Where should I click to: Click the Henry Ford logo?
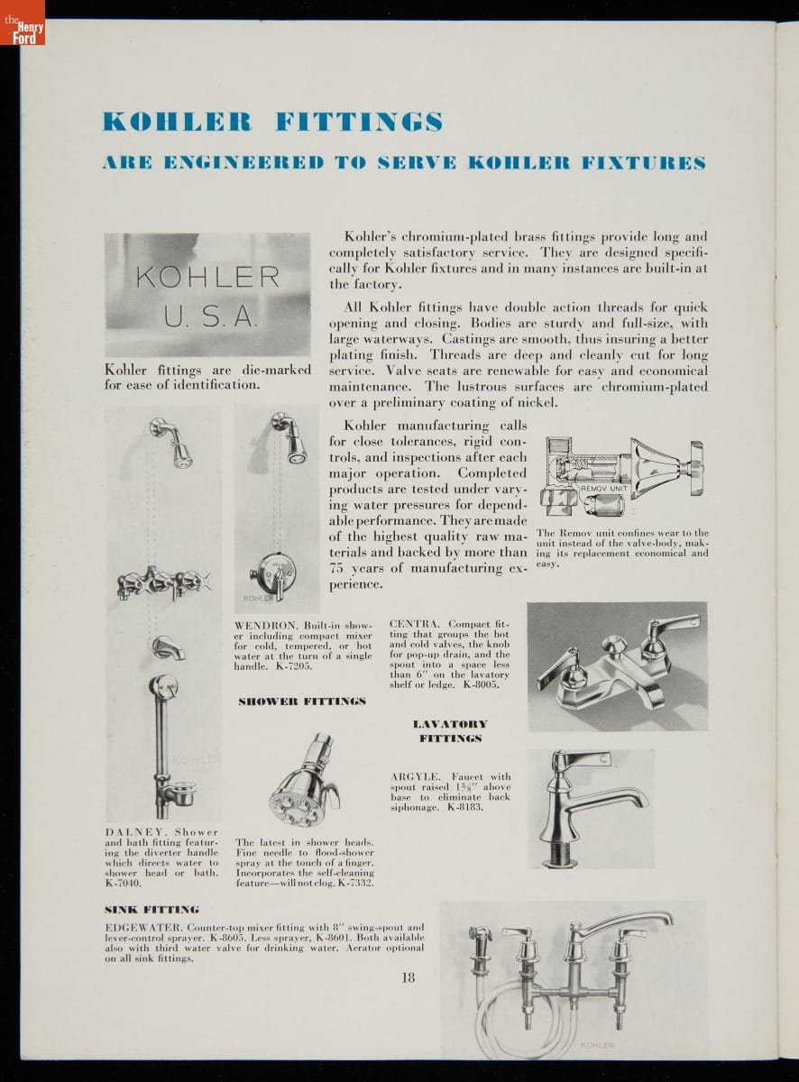click(x=23, y=23)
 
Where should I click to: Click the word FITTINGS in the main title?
click(x=359, y=122)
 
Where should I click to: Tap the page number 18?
click(x=409, y=977)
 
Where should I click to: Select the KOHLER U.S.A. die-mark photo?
click(x=207, y=295)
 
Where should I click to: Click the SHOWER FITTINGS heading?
click(x=302, y=701)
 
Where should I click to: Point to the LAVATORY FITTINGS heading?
click(x=450, y=731)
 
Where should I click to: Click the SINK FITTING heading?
click(x=152, y=909)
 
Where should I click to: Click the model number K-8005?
click(x=481, y=685)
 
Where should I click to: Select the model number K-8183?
click(x=464, y=807)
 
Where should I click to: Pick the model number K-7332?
click(x=354, y=883)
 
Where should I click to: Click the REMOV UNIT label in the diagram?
click(x=603, y=488)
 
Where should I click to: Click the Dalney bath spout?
click(x=168, y=648)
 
